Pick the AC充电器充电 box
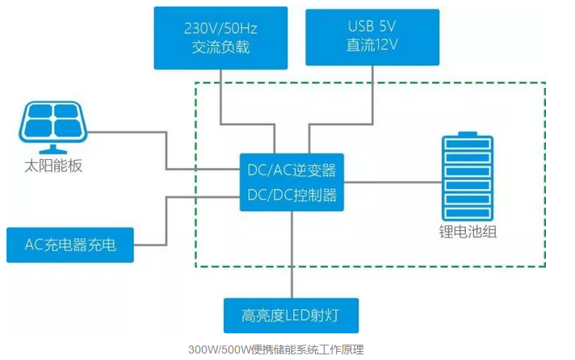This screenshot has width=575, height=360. point(70,245)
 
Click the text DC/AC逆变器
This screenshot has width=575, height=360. point(292,171)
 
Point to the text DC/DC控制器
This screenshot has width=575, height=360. point(292,195)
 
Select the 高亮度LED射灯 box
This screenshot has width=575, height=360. point(292,316)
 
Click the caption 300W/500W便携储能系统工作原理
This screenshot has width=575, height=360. point(275,350)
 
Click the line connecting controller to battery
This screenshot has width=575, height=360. point(392,182)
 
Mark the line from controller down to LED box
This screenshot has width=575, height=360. point(292,254)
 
